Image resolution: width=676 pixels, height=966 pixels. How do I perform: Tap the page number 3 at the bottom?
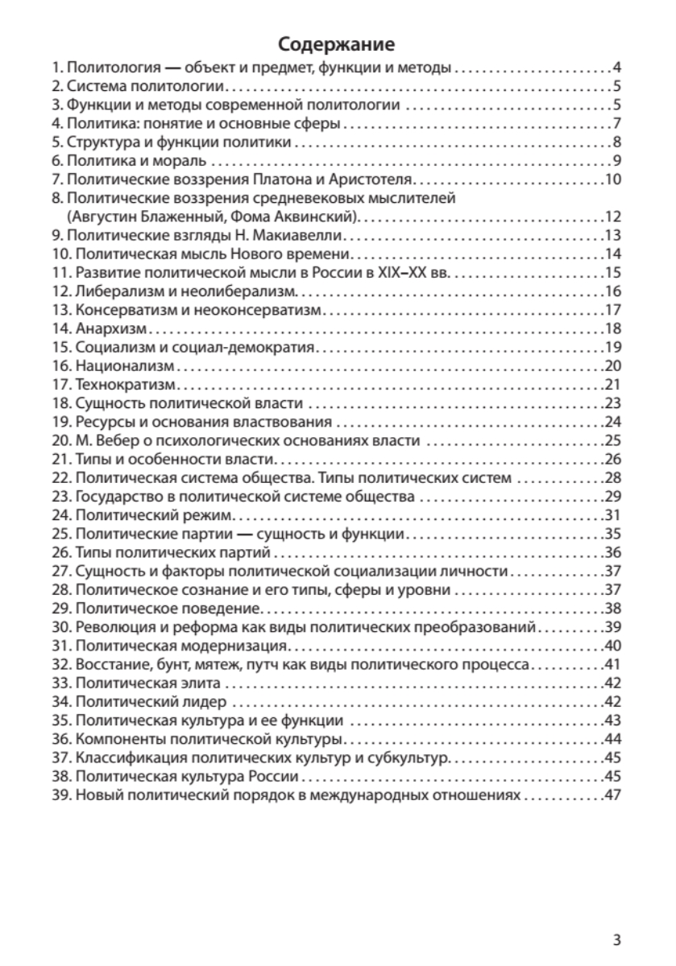point(616,939)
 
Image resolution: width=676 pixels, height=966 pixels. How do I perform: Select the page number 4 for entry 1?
point(616,67)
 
